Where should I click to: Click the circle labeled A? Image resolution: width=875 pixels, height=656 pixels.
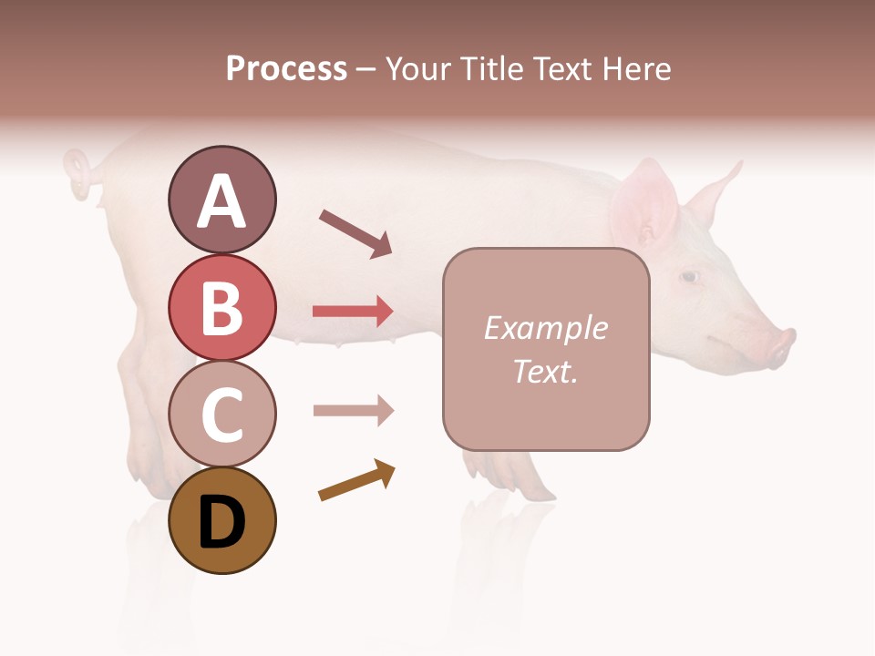pyautogui.click(x=221, y=200)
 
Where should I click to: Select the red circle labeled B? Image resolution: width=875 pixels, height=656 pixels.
pyautogui.click(x=221, y=307)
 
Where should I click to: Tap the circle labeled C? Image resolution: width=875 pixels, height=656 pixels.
pyautogui.click(x=221, y=414)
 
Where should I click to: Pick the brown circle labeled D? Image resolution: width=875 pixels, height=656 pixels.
pyautogui.click(x=221, y=520)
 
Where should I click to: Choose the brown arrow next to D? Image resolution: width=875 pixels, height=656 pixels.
pyautogui.click(x=356, y=481)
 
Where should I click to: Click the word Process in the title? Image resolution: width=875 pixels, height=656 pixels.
pyautogui.click(x=286, y=68)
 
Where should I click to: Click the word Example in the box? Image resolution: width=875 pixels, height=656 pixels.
pyautogui.click(x=545, y=328)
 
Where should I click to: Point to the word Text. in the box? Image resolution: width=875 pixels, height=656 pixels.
pyautogui.click(x=545, y=371)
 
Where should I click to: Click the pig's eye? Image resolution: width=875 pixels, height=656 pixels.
pyautogui.click(x=690, y=276)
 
